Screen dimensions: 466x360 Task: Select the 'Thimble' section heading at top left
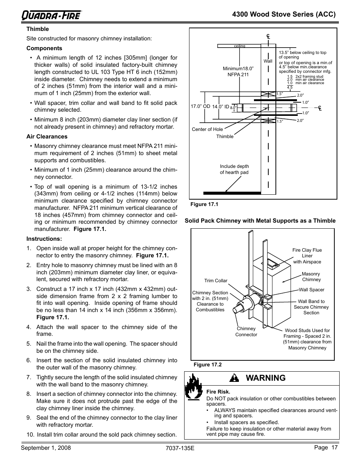(38, 29)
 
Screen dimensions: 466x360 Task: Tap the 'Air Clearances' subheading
(47, 137)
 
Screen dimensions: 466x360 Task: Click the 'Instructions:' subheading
(44, 239)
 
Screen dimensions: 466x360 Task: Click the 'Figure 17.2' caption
(207, 365)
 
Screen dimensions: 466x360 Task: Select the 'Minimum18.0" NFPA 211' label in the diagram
(238, 71)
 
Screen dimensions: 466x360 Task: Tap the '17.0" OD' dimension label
(200, 107)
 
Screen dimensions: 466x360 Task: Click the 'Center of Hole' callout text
(207, 129)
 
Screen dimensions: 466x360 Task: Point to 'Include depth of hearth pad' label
(234, 169)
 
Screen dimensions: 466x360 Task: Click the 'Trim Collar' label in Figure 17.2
(216, 281)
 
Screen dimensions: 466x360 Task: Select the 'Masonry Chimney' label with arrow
(311, 277)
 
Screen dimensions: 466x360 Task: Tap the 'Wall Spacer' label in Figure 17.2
(311, 290)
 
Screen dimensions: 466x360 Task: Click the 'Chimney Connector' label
(246, 332)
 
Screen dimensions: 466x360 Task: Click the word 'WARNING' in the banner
(266, 378)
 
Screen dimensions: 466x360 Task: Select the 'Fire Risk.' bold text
(218, 392)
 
